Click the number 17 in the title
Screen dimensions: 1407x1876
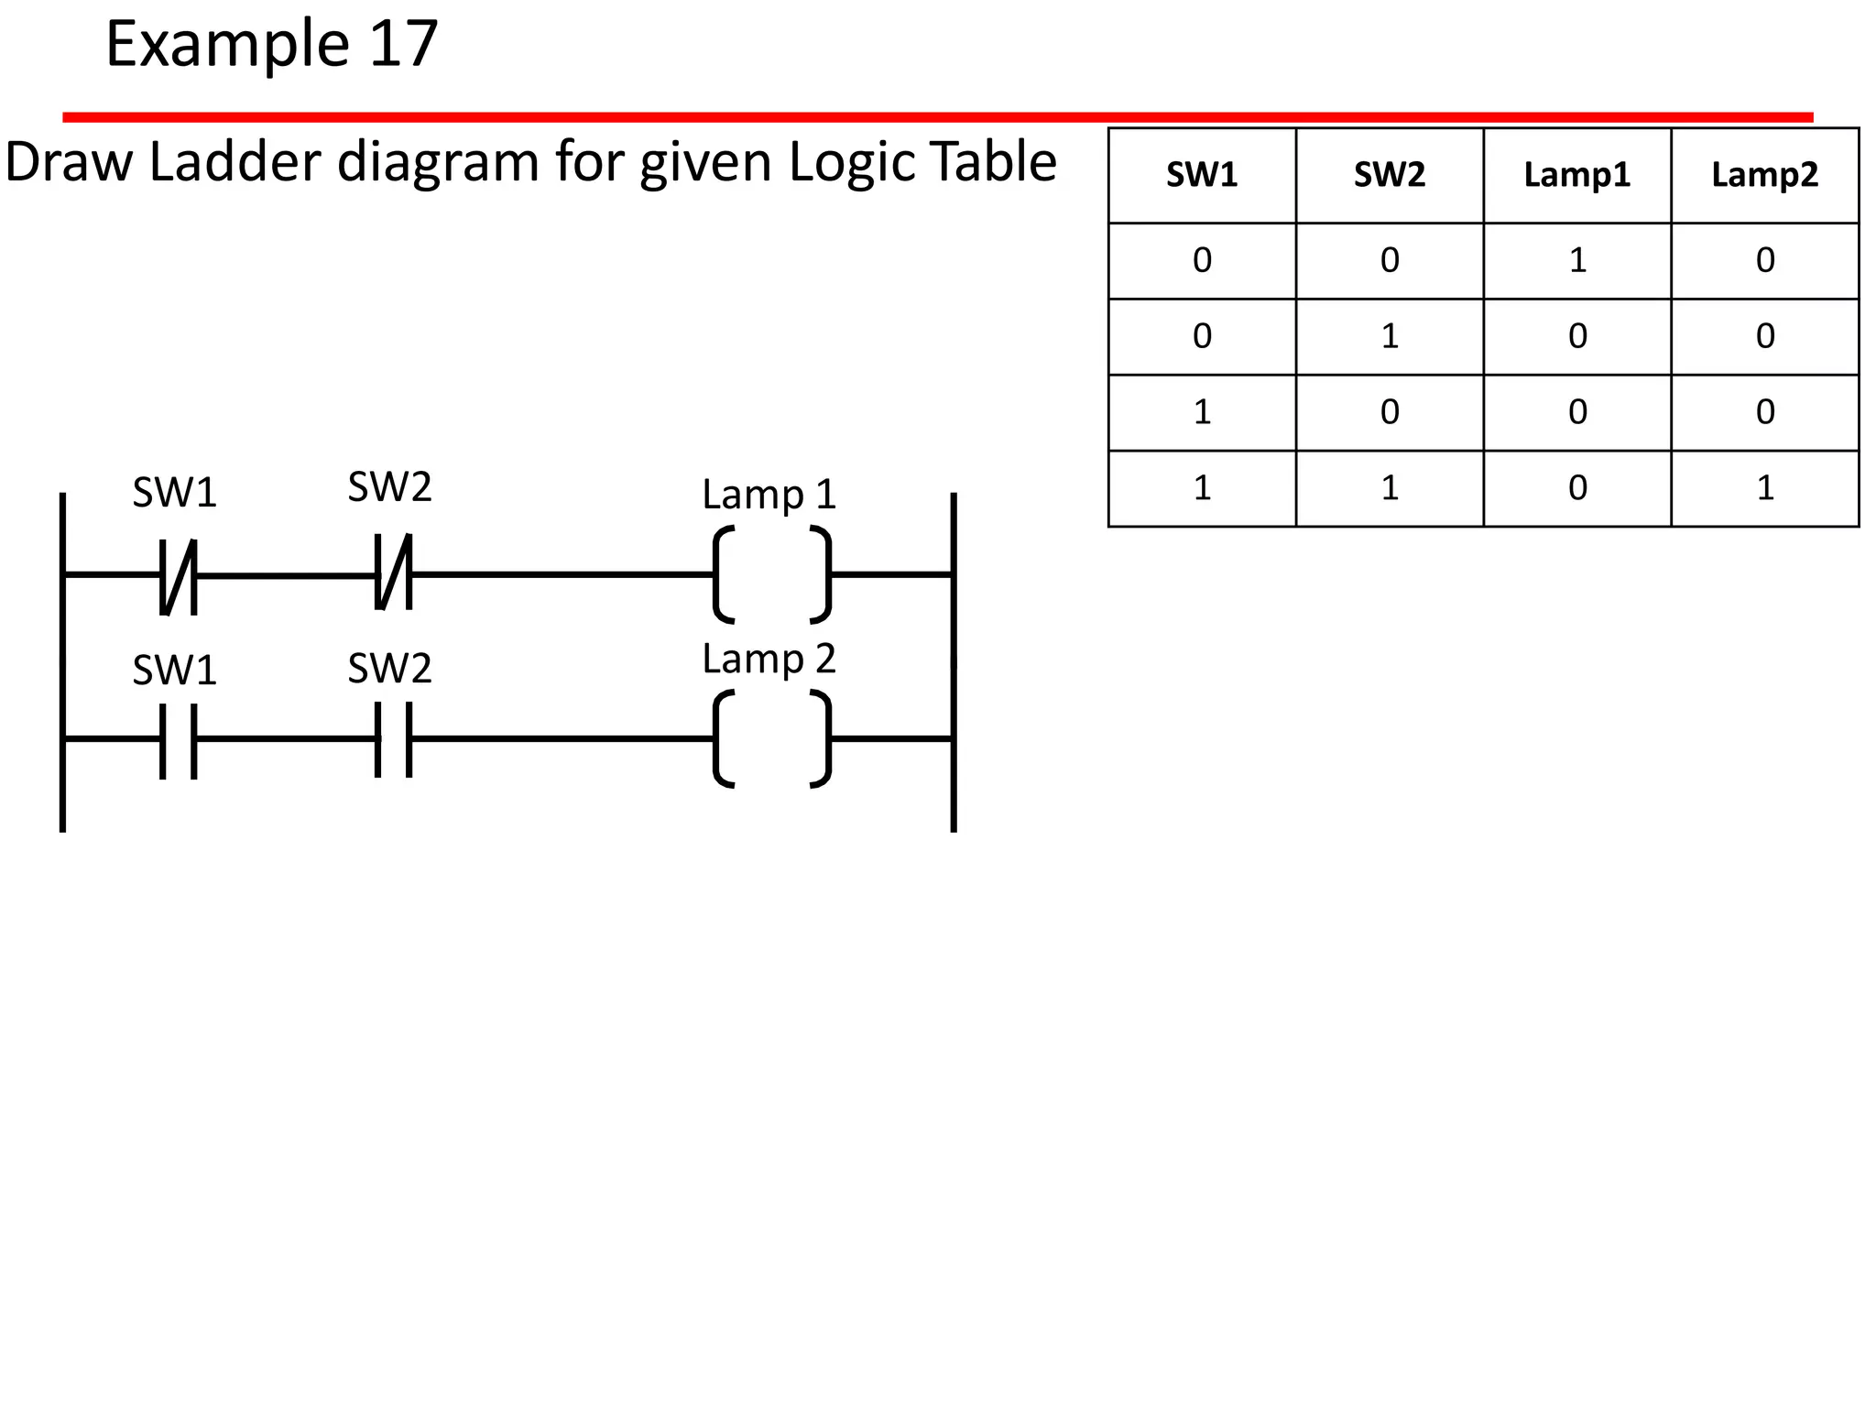pos(403,44)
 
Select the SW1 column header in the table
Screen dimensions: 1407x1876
pos(1202,175)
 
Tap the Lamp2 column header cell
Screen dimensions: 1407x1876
pos(1764,175)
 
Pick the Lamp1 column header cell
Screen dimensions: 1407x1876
pos(1576,175)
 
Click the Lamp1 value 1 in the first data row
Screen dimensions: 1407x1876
pos(1577,261)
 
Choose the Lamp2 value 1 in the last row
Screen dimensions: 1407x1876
pos(1765,488)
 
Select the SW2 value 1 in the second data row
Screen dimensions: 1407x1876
pos(1390,337)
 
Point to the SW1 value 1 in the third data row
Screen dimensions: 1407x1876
pos(1202,412)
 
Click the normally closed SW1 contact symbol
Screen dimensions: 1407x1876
pos(178,575)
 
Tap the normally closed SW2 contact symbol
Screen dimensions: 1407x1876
pos(394,573)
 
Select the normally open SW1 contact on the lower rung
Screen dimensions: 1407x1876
pos(178,740)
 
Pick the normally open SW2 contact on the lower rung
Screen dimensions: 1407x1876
pos(394,738)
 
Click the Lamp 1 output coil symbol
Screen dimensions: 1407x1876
pos(772,575)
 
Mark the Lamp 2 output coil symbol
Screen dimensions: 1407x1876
pos(772,739)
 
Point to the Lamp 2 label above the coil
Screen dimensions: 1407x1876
pos(769,660)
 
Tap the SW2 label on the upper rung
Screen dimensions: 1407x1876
pos(389,487)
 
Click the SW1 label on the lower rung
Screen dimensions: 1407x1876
pos(174,671)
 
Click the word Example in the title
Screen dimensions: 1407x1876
pos(227,44)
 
